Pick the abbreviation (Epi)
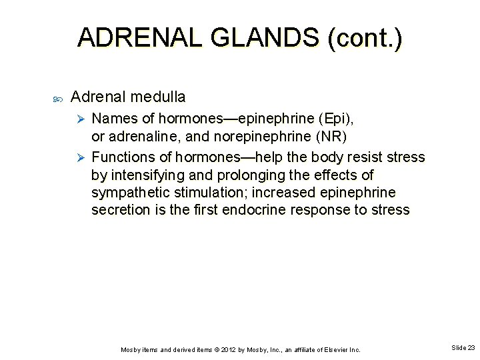click(336, 119)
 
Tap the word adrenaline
click(140, 137)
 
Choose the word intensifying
click(148, 175)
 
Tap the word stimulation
click(206, 193)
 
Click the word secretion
click(121, 210)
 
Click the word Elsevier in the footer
click(331, 349)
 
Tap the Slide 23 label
click(463, 348)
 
